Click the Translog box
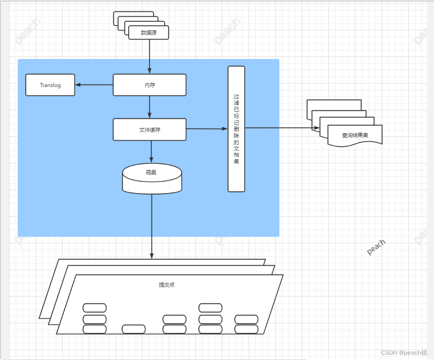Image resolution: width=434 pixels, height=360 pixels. coord(50,85)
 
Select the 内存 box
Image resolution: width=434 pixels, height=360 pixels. coord(149,85)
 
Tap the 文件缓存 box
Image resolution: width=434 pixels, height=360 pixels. coord(149,130)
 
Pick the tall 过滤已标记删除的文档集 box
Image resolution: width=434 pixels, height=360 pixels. coord(236,129)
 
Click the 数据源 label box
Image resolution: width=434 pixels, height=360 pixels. coord(149,32)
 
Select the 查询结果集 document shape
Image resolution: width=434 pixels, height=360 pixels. coord(355,135)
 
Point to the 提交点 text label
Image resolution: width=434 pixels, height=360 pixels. coord(167,285)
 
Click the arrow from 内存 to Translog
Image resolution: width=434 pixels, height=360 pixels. coord(94,85)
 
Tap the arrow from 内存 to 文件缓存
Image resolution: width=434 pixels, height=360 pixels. coord(150,107)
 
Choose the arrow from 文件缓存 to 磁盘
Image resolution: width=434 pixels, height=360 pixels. coord(151,152)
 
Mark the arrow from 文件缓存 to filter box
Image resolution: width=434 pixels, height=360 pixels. coord(207,129)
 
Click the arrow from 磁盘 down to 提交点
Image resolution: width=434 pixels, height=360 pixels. coord(152,226)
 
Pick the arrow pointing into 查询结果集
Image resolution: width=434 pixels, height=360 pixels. coord(282,128)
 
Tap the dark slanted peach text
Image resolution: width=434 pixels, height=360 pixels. coord(376,247)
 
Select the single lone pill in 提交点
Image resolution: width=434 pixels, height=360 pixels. coord(134,329)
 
